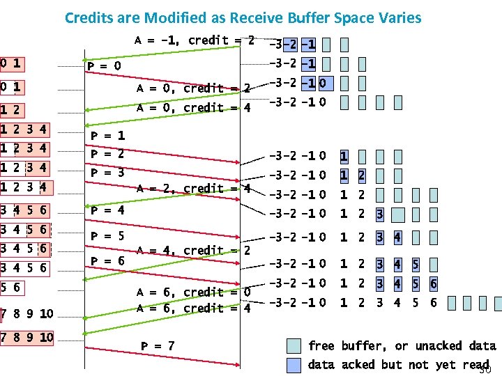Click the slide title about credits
[243, 17]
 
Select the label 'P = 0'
[104, 66]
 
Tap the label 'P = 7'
[158, 346]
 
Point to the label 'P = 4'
[108, 210]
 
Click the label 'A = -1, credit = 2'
[193, 40]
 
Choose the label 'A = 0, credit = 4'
[193, 108]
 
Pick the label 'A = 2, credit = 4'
[193, 189]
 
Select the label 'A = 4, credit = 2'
[193, 250]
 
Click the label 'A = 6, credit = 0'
[193, 292]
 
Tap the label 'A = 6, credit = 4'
[193, 308]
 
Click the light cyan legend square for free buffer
[294, 345]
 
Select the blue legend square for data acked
[294, 364]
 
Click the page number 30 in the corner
[484, 369]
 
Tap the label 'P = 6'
[108, 260]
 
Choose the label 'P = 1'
[108, 136]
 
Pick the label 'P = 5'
[108, 236]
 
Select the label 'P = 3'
[108, 173]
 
